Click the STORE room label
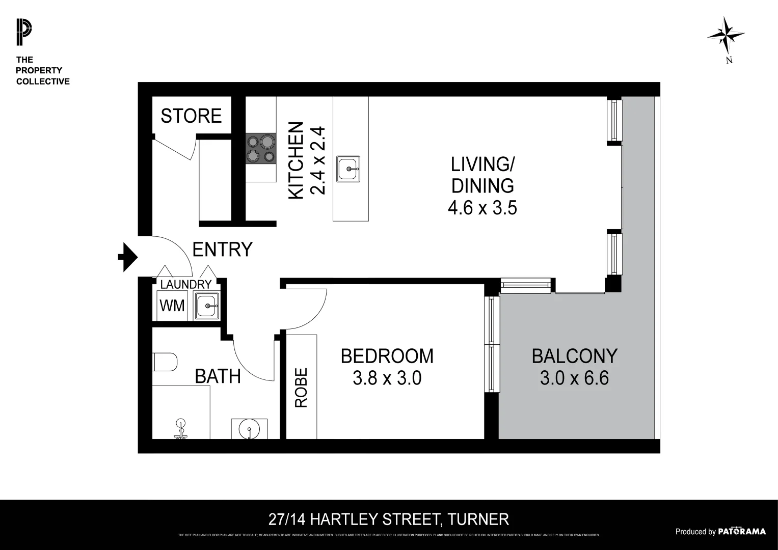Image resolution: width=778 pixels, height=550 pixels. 191,116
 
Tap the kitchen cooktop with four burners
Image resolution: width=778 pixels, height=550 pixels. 260,148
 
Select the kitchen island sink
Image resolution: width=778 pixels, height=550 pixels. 348,168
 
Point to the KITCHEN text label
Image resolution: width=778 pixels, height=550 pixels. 296,160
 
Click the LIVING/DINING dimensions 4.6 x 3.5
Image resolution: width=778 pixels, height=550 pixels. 482,208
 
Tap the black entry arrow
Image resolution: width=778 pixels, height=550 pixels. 127,257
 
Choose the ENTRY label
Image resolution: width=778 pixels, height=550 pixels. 222,250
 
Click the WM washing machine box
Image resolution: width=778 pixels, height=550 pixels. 172,306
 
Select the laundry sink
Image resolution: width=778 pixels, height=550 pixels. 207,306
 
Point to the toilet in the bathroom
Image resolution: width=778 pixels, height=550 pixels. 165,362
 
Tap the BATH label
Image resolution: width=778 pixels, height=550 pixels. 218,376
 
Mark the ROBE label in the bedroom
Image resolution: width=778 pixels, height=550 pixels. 301,388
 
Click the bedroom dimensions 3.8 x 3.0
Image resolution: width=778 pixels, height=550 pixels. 387,378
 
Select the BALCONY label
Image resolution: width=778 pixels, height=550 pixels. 574,356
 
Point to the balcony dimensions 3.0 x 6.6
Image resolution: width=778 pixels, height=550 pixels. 574,378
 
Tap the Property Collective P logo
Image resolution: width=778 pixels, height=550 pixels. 23,32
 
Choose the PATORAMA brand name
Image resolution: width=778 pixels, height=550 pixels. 741,532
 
